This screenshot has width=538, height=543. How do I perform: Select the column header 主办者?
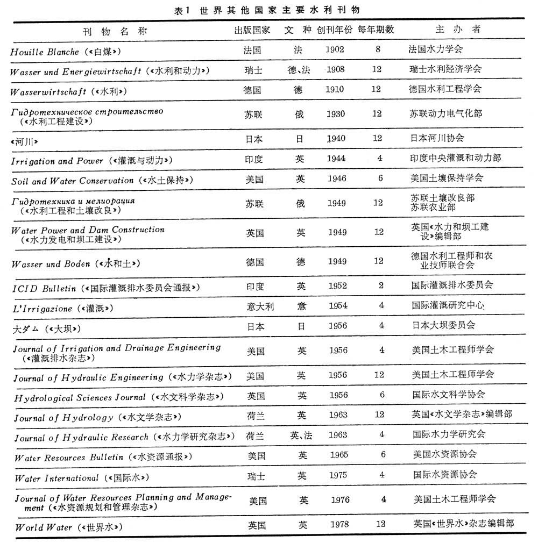click(x=458, y=29)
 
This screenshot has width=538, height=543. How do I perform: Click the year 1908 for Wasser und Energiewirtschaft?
click(x=335, y=69)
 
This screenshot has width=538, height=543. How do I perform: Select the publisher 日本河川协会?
click(x=437, y=138)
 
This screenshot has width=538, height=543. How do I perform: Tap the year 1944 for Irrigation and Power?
click(x=336, y=159)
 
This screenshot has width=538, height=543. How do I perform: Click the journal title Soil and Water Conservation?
click(x=72, y=181)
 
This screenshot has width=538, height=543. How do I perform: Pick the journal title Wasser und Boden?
click(x=51, y=265)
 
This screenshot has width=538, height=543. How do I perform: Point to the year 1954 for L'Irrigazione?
click(x=338, y=306)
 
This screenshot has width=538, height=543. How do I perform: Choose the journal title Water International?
click(x=56, y=478)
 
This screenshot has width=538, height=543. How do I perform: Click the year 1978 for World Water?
click(x=339, y=524)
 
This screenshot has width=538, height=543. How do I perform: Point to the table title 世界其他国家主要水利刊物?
click(x=279, y=10)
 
